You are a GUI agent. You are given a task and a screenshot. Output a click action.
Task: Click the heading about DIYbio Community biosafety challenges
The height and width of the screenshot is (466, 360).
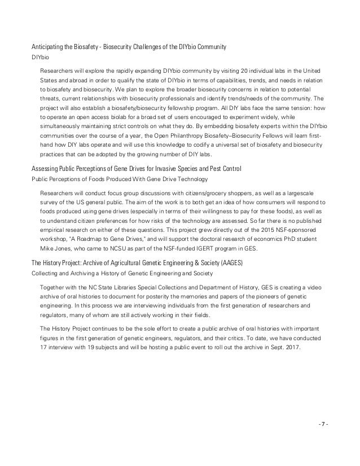tap(129, 47)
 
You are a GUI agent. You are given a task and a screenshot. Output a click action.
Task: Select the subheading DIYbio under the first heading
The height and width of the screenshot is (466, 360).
tap(39, 58)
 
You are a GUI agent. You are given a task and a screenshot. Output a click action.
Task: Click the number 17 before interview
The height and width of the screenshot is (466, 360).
tap(44, 346)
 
